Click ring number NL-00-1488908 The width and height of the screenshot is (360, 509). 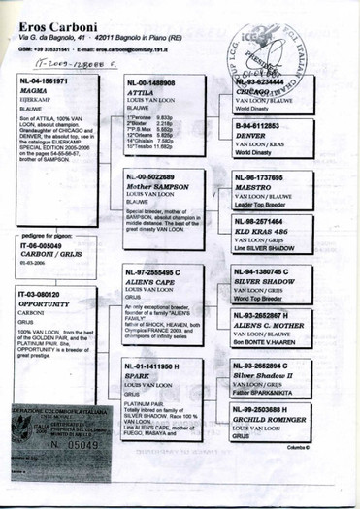pos(154,84)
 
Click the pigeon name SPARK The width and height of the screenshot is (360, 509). pos(139,377)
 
